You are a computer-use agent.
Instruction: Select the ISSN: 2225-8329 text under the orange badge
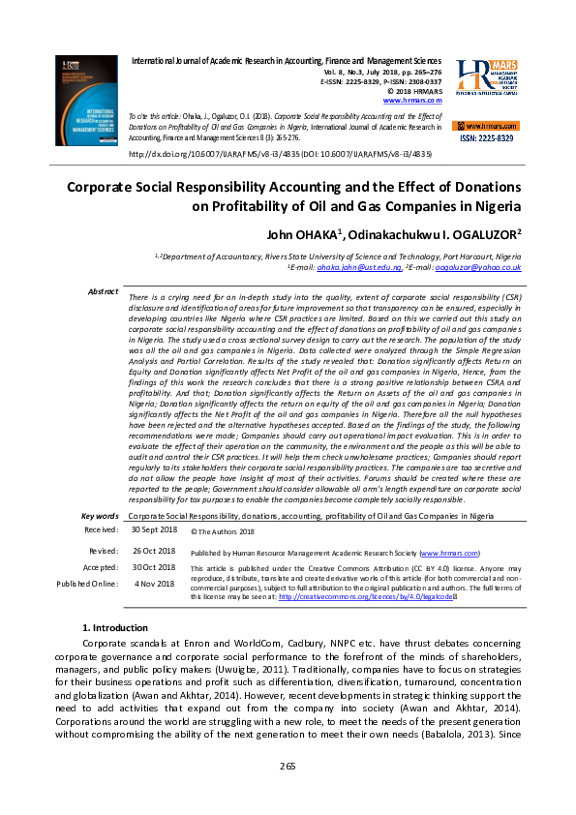point(487,138)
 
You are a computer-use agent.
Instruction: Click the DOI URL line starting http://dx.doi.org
point(280,153)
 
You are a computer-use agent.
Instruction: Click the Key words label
point(101,517)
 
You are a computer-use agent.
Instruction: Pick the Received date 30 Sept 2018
point(153,530)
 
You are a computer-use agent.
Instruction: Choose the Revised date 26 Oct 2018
point(153,550)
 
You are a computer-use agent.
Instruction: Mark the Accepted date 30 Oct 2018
point(153,567)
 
